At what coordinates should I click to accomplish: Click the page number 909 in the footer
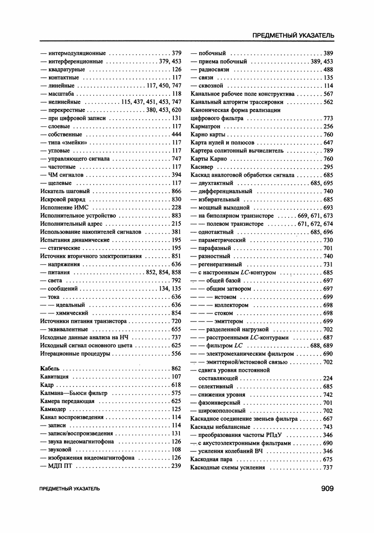click(x=324, y=489)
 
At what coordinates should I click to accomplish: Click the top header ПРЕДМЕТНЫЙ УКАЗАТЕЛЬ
click(x=293, y=35)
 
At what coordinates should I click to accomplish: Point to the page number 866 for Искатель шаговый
click(x=177, y=191)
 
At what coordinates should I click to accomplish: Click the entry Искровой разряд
click(x=60, y=199)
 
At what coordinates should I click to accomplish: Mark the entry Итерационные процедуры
click(x=75, y=353)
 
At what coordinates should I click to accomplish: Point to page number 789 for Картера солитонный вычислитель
click(x=328, y=151)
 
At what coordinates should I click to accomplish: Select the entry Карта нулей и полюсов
click(x=222, y=142)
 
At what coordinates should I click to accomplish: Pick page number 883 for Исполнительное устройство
click(x=177, y=216)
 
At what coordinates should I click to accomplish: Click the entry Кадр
click(x=47, y=385)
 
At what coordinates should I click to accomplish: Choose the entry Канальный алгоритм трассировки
click(x=236, y=102)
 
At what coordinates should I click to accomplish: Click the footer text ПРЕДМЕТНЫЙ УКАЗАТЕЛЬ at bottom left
click(x=70, y=489)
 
